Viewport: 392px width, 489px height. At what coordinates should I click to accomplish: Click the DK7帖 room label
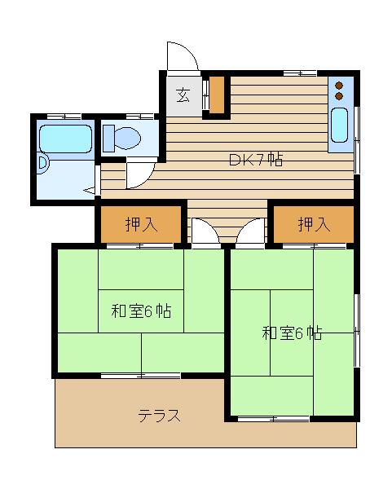pyautogui.click(x=255, y=160)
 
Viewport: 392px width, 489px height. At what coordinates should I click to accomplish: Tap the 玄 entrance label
pyautogui.click(x=183, y=95)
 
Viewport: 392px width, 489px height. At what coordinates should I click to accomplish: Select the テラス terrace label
pyautogui.click(x=159, y=416)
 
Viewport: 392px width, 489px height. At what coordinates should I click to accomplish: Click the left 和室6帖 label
pyautogui.click(x=140, y=311)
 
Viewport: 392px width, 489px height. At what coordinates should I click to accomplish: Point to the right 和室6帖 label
pyautogui.click(x=291, y=333)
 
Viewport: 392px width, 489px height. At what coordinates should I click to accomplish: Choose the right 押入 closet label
pyautogui.click(x=314, y=225)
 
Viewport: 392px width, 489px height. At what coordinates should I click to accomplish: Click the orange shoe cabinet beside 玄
pyautogui.click(x=217, y=95)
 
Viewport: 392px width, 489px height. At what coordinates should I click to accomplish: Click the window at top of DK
pyautogui.click(x=299, y=74)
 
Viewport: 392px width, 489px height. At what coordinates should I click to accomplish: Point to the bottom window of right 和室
pyautogui.click(x=274, y=418)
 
